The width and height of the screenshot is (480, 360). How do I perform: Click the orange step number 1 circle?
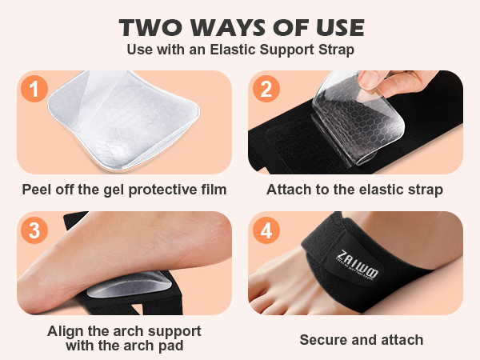(34, 88)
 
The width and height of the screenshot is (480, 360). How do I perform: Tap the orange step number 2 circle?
(266, 88)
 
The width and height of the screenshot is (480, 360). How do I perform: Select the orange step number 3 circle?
(34, 230)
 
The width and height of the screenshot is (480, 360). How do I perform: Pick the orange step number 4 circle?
(266, 230)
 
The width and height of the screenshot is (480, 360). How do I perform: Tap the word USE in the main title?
(337, 28)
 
